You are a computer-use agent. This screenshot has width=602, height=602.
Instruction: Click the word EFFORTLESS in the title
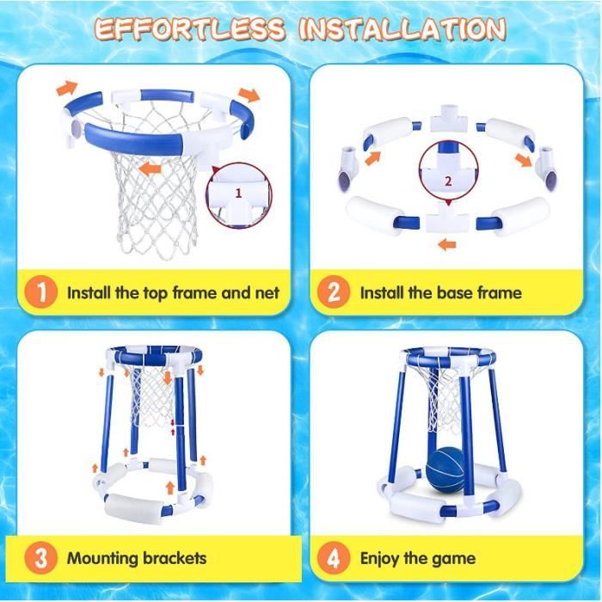pyautogui.click(x=190, y=29)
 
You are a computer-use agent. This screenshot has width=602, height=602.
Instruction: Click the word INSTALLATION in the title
pyautogui.click(x=402, y=29)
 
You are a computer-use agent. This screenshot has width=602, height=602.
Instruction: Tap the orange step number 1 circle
pyautogui.click(x=40, y=292)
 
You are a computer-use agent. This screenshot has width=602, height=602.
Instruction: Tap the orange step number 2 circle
pyautogui.click(x=334, y=292)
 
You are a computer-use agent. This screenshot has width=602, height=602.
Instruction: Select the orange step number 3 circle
pyautogui.click(x=40, y=558)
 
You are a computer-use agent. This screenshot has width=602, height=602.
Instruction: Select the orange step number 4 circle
pyautogui.click(x=334, y=558)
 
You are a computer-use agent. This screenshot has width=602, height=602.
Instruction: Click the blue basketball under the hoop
pyautogui.click(x=445, y=470)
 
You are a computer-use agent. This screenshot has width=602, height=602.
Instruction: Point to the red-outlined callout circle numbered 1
pyautogui.click(x=239, y=196)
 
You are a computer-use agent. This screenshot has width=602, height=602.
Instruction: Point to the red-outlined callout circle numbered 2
pyautogui.click(x=448, y=170)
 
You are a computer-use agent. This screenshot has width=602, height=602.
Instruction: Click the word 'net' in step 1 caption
pyautogui.click(x=267, y=293)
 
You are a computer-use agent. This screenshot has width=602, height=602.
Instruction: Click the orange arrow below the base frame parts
pyautogui.click(x=447, y=243)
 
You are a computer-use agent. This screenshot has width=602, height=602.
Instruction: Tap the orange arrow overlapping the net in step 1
pyautogui.click(x=150, y=169)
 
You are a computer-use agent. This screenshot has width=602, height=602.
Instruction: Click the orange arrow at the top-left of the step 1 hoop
pyautogui.click(x=67, y=88)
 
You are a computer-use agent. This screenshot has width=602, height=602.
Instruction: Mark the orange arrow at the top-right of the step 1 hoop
pyautogui.click(x=249, y=95)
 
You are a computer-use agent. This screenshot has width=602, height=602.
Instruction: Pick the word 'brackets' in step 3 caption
pyautogui.click(x=175, y=559)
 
